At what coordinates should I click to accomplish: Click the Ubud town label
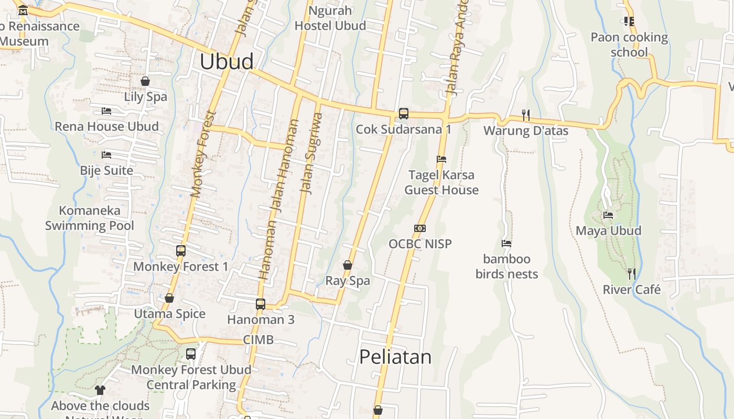(226, 62)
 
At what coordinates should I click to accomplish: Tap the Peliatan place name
(395, 357)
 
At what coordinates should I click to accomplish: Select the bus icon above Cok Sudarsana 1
(403, 113)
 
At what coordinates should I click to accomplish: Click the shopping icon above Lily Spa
(145, 81)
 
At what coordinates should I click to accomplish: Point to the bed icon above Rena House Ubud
(106, 111)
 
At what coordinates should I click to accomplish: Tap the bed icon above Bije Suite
(106, 155)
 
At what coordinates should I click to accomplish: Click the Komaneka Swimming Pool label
(90, 218)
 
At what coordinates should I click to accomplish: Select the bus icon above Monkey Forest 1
(181, 251)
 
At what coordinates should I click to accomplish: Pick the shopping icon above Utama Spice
(169, 298)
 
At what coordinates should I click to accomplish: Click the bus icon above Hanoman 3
(261, 304)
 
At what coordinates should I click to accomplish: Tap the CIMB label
(258, 340)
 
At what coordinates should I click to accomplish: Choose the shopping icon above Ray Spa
(347, 265)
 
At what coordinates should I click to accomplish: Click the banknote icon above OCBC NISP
(420, 228)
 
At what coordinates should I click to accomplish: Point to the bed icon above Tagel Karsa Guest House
(441, 159)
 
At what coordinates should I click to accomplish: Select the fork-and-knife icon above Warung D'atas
(526, 115)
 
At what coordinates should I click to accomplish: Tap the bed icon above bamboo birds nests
(506, 244)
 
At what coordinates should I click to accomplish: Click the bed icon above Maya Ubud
(608, 215)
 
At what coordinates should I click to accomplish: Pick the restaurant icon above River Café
(632, 273)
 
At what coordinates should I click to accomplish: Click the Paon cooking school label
(629, 45)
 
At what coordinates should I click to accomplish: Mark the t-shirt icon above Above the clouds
(100, 390)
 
